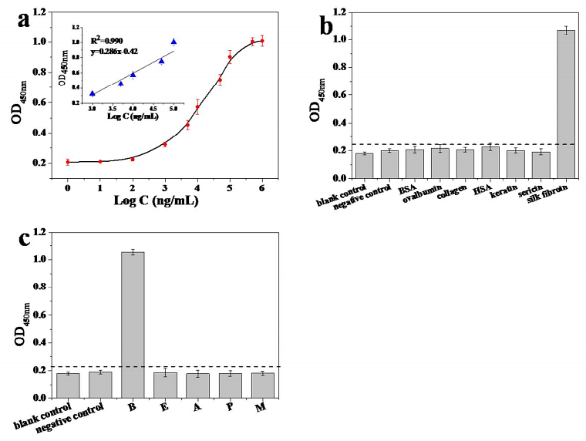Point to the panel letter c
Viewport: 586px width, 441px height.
[23, 238]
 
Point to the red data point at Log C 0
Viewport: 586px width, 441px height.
[68, 162]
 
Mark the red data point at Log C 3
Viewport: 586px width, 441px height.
[165, 144]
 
